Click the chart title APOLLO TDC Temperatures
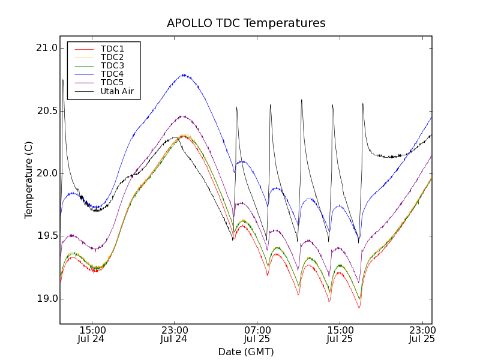(x=246, y=23)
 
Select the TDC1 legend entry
(x=112, y=49)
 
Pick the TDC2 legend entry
(x=112, y=57)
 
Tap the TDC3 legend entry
(x=112, y=65)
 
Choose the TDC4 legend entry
(x=112, y=74)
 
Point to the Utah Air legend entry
(x=117, y=92)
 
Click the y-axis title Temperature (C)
(x=29, y=180)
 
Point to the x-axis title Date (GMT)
(x=246, y=352)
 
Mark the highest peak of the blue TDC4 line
(x=183, y=75)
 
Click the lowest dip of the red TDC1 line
(x=359, y=308)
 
